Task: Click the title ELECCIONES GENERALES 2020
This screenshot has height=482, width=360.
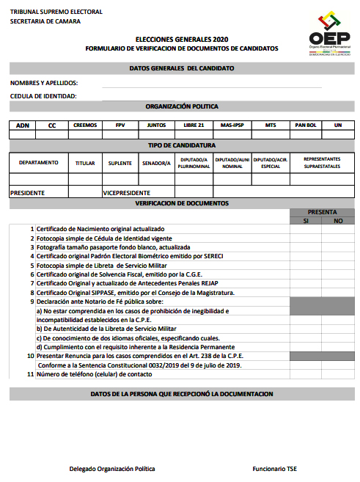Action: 182,38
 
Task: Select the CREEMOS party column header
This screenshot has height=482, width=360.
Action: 85,125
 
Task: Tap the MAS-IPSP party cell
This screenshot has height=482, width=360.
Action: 233,125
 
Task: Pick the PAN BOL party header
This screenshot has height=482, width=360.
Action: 305,125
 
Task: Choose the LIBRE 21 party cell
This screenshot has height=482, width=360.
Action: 194,125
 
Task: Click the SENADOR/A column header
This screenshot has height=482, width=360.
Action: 156,163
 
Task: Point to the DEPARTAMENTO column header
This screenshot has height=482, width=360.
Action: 39,163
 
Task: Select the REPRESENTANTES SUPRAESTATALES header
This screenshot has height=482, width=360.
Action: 322,163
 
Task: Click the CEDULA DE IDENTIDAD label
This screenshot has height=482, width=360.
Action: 43,96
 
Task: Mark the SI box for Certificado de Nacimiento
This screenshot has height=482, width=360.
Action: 306,229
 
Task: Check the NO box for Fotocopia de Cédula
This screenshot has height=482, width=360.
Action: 337,238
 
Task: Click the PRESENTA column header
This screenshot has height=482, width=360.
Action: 322,211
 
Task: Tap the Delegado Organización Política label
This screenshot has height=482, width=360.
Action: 112,468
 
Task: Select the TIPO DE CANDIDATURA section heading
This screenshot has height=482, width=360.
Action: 182,145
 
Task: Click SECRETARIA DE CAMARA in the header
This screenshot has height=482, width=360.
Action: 45,22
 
